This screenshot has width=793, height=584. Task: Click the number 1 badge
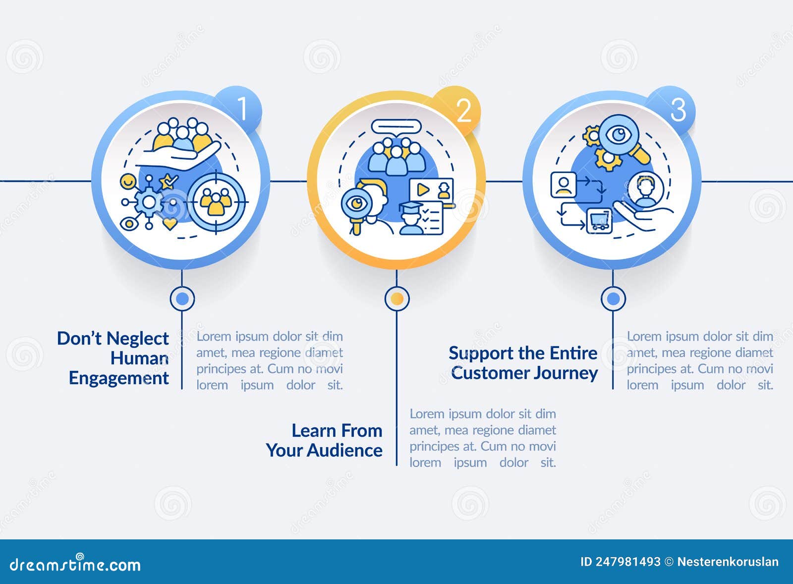click(x=241, y=108)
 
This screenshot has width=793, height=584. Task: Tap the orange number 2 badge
click(x=463, y=110)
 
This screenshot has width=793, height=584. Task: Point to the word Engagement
click(x=119, y=378)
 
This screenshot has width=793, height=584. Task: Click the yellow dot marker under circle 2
click(x=397, y=298)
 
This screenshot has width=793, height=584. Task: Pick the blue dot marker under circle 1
click(x=182, y=298)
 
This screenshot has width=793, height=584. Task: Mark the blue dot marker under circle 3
click(x=613, y=298)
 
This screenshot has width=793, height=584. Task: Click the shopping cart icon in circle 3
click(x=599, y=220)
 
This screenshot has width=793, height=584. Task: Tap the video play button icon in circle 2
click(x=423, y=189)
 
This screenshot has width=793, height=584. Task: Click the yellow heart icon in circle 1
click(x=170, y=224)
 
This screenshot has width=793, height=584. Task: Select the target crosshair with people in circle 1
click(x=216, y=201)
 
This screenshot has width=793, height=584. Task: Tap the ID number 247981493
click(x=628, y=562)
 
